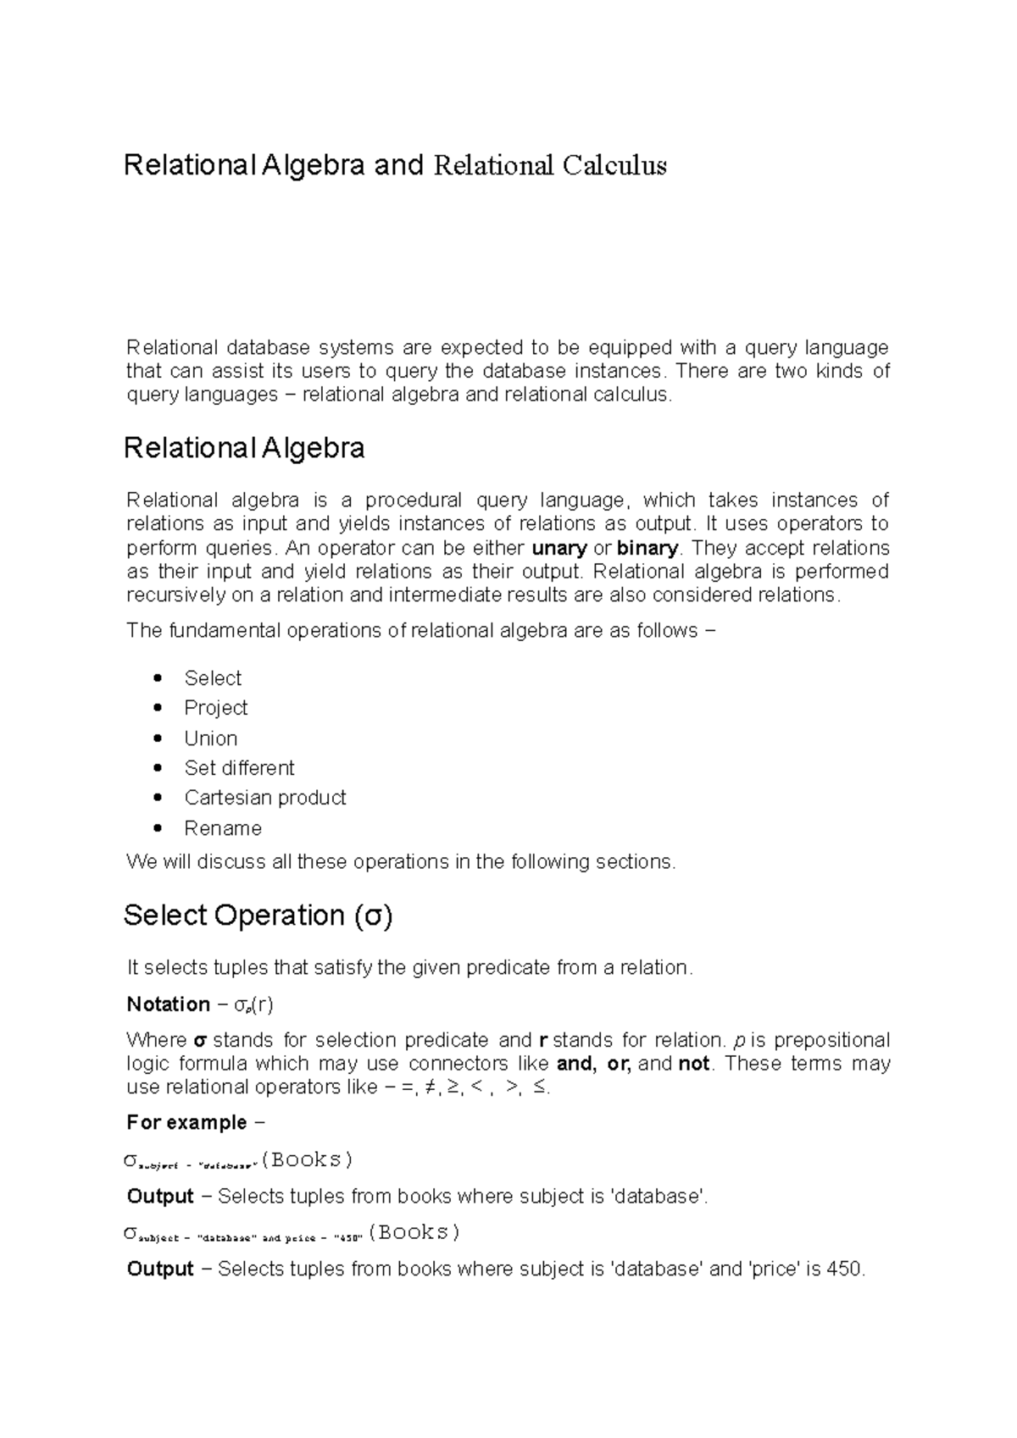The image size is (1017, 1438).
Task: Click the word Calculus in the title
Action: coord(614,165)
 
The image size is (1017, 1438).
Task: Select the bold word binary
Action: coord(647,548)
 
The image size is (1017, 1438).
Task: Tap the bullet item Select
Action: coord(213,678)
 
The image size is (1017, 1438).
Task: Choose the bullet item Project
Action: coord(216,708)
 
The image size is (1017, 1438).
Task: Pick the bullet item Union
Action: coord(211,738)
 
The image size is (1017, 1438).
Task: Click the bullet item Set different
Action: coord(239,768)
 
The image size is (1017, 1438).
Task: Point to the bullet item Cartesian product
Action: coord(265,798)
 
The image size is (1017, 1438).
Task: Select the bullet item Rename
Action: coord(223,828)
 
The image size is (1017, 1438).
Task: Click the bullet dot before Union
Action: coord(158,738)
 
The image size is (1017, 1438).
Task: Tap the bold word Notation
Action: coord(168,1004)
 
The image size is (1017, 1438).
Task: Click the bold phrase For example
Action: coord(186,1123)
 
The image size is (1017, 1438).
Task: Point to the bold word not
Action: coord(694,1064)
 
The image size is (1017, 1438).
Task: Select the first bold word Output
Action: coord(160,1197)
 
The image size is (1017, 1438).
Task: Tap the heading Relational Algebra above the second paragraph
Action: coord(244,448)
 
